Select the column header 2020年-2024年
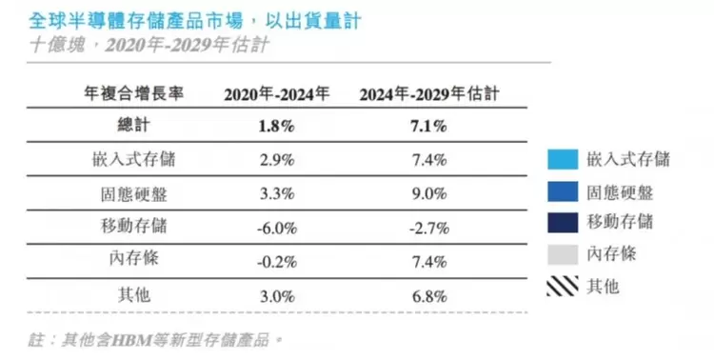[277, 94]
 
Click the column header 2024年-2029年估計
[429, 94]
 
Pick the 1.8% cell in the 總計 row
[277, 126]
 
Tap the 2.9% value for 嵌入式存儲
[277, 159]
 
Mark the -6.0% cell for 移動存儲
[277, 227]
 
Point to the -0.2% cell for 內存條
[277, 261]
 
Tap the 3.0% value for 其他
[277, 294]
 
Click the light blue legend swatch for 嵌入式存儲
[563, 159]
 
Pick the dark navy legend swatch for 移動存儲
[563, 222]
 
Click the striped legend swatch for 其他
[563, 285]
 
